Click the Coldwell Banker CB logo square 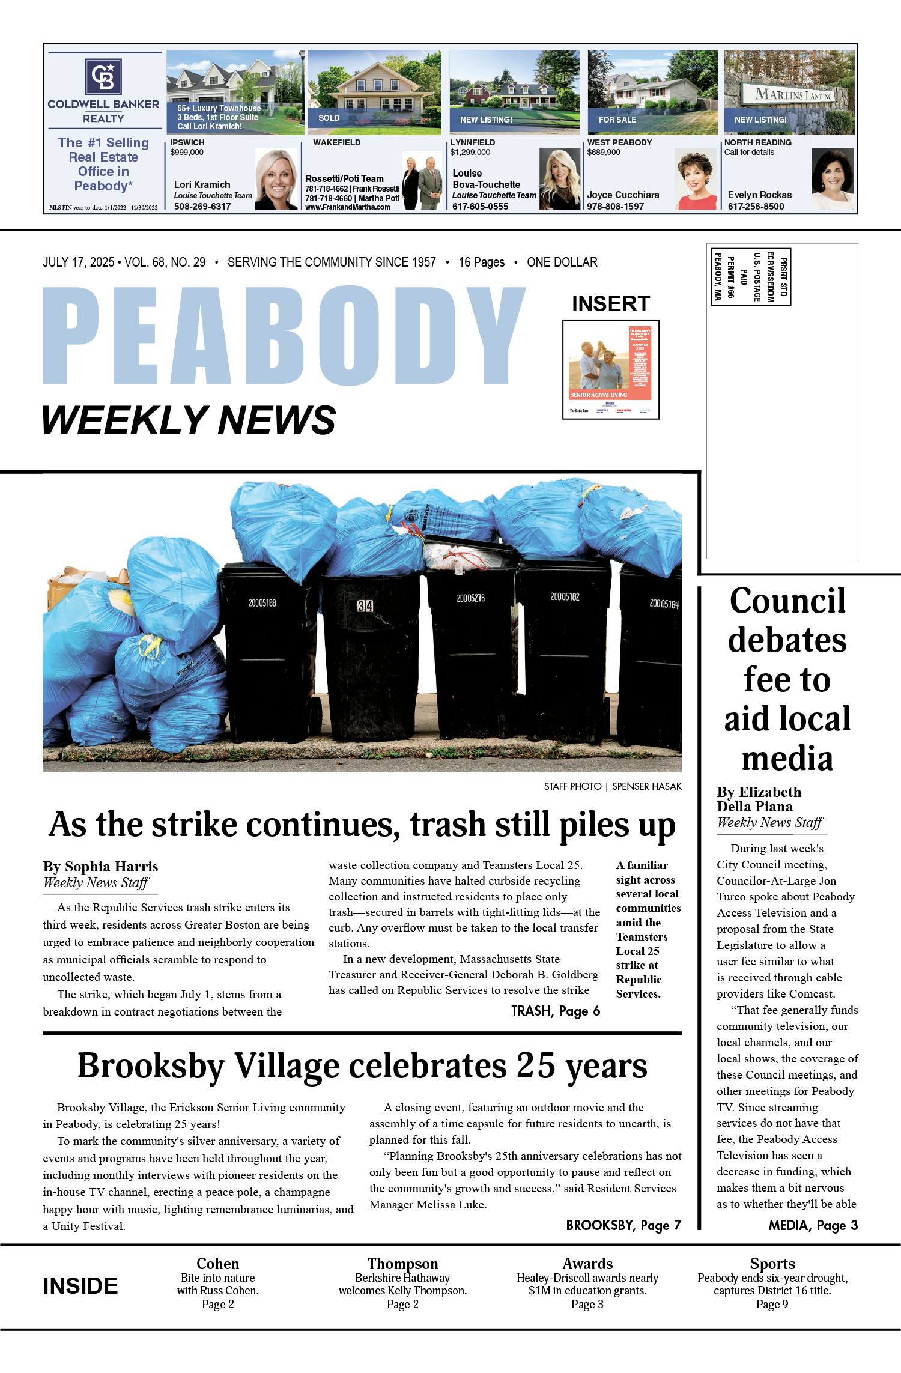pos(103,76)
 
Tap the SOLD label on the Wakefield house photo pos(329,118)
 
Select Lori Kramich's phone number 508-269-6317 pos(202,207)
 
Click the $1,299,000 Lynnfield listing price pos(470,152)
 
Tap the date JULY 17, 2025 pos(78,262)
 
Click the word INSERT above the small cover pos(610,304)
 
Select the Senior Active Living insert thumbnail pos(610,369)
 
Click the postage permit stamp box pos(750,276)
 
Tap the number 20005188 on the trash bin pos(262,602)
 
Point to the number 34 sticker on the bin pos(365,605)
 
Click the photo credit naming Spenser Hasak pos(613,786)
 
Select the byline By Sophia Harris pos(100,866)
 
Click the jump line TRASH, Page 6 pos(555,1011)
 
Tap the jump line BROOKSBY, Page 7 pos(623,1225)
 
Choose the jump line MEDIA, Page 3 pos(813,1225)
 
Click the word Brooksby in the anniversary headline pos(151,1067)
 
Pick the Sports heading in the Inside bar pos(772,1264)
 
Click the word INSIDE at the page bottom pos(80,1286)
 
